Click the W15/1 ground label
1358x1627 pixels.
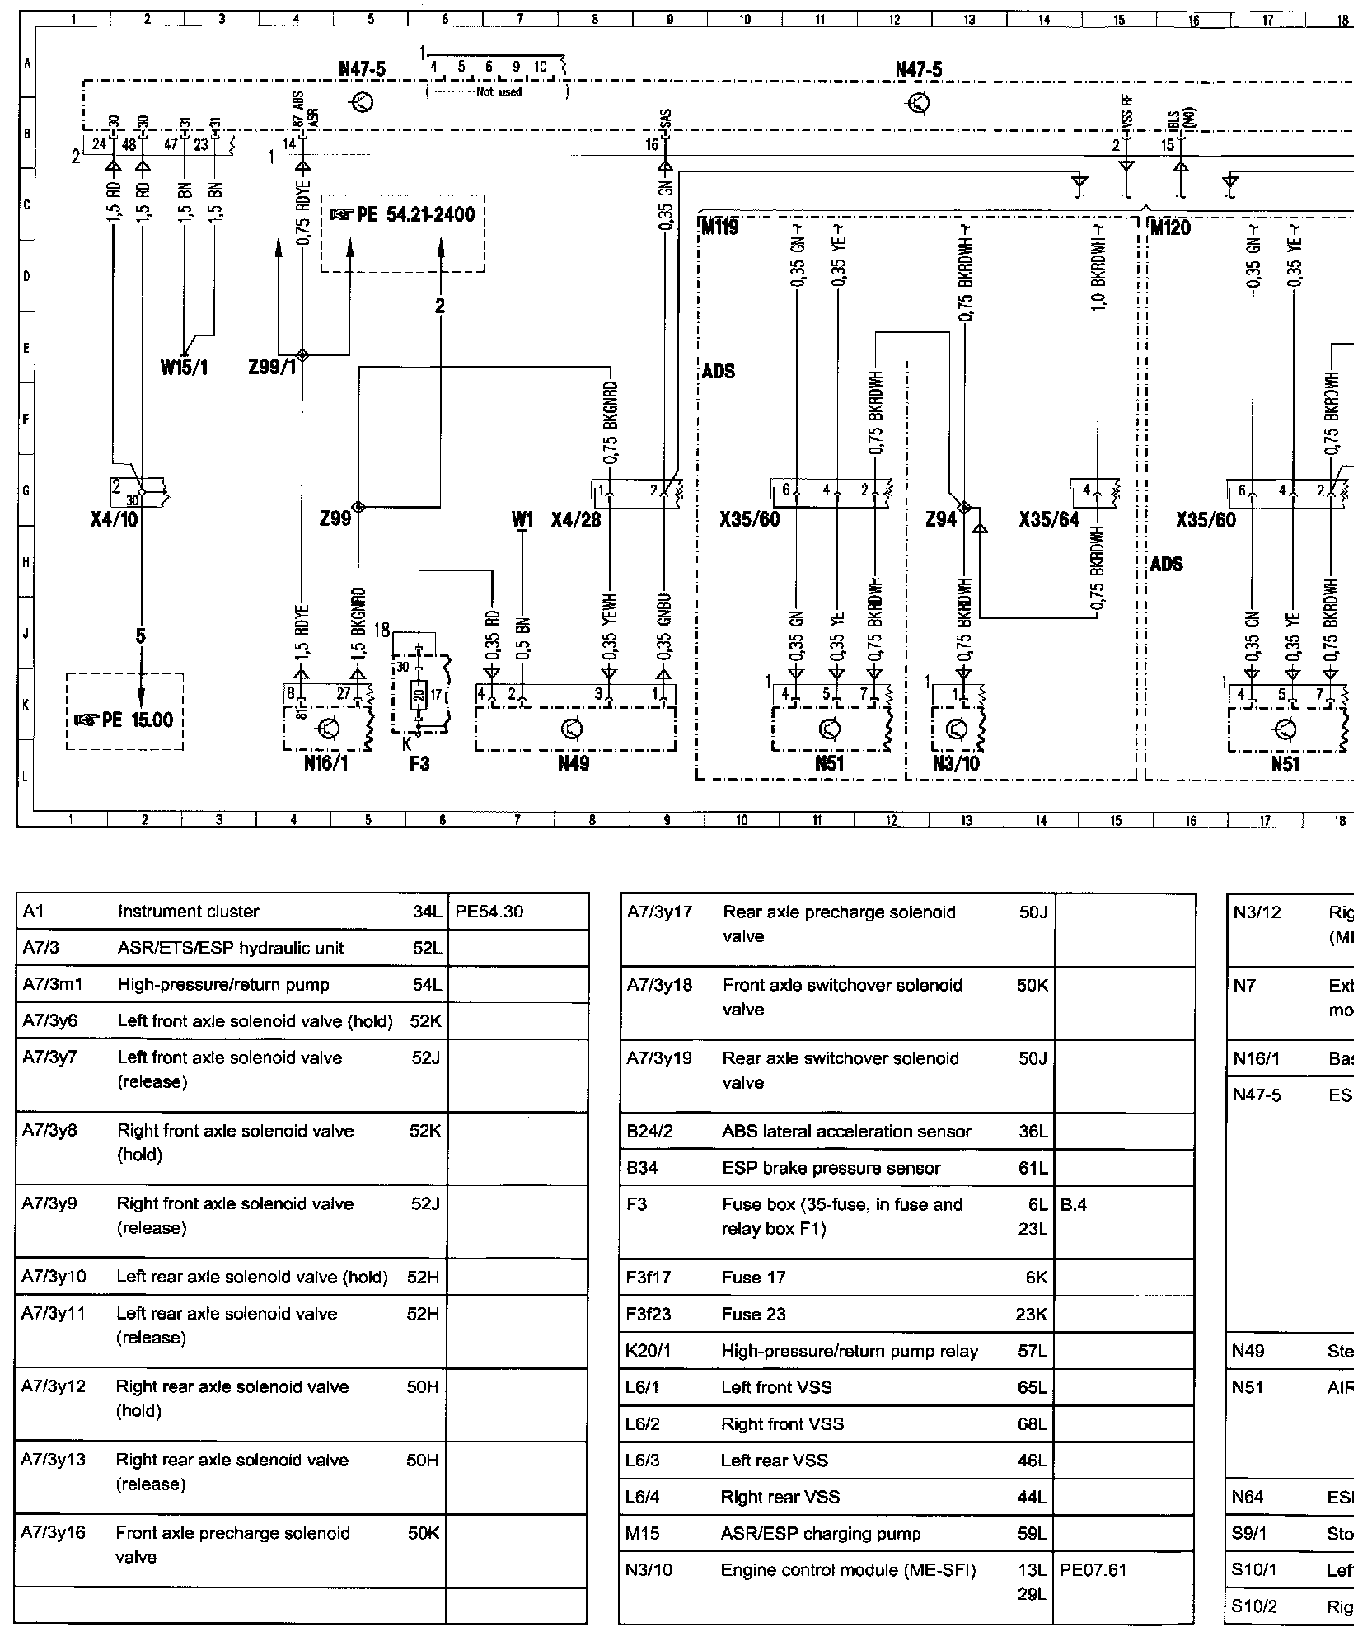[x=184, y=368]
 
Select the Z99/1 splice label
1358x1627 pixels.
[x=272, y=368]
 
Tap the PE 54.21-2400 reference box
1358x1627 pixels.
[x=403, y=215]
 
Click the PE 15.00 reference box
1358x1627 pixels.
[x=124, y=720]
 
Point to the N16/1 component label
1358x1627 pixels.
[x=325, y=764]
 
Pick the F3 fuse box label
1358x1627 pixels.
[x=419, y=764]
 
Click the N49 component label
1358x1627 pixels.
[x=574, y=764]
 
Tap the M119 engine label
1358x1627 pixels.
[x=720, y=227]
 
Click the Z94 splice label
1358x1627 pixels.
[x=941, y=520]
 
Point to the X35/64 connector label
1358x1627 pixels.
[x=1048, y=520]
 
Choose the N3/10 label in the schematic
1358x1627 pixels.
[x=956, y=764]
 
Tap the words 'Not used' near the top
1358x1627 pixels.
[x=499, y=92]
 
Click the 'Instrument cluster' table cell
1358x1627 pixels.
[x=188, y=912]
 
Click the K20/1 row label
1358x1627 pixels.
[x=643, y=1351]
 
